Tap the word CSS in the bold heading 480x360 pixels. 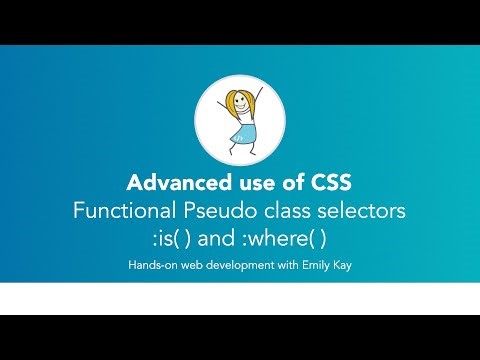(x=329, y=186)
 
